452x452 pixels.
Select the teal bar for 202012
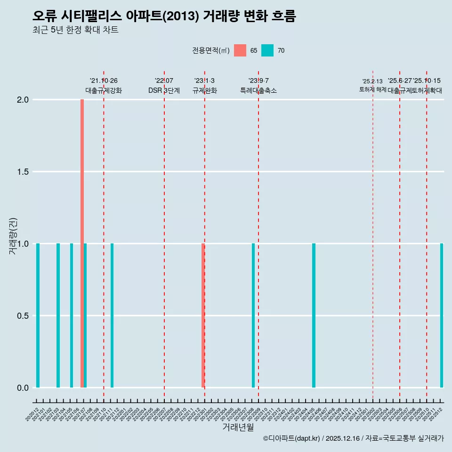point(38,315)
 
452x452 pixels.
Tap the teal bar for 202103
point(58,315)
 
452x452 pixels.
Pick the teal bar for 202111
point(112,315)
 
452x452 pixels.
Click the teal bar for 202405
point(314,315)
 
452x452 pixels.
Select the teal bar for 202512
point(442,315)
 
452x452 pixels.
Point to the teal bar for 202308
point(253,315)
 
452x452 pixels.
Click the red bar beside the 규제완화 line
point(203,315)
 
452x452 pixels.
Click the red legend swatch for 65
point(240,50)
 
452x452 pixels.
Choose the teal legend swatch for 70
point(267,50)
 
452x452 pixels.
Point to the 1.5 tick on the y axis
point(23,172)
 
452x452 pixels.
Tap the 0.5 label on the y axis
point(23,316)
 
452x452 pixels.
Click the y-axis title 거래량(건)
point(13,236)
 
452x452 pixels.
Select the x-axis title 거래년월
point(238,428)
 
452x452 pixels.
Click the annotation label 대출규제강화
point(104,90)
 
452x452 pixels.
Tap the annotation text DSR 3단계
point(164,90)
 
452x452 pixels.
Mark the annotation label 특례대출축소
point(258,90)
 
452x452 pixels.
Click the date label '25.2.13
point(372,81)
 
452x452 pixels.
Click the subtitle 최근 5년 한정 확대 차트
point(75,30)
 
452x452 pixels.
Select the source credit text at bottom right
point(353,438)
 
